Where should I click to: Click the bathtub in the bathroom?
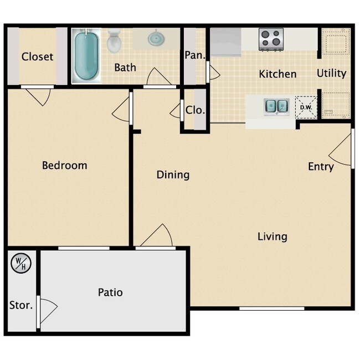click(86, 57)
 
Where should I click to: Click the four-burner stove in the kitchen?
click(271, 38)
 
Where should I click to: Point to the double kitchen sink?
click(276, 105)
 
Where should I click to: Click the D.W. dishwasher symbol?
click(306, 107)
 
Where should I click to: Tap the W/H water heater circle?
click(20, 263)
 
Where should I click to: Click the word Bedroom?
click(65, 165)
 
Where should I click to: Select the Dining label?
click(173, 174)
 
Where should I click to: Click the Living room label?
click(272, 236)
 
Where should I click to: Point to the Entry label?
click(321, 166)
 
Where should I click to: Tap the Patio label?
click(110, 292)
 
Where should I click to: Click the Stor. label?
click(21, 305)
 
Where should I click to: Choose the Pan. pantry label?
click(194, 55)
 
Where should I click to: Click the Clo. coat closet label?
click(195, 110)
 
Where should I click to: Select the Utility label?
click(331, 73)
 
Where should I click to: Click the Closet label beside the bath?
click(38, 56)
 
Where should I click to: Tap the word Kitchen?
click(278, 74)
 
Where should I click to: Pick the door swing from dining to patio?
click(158, 235)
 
